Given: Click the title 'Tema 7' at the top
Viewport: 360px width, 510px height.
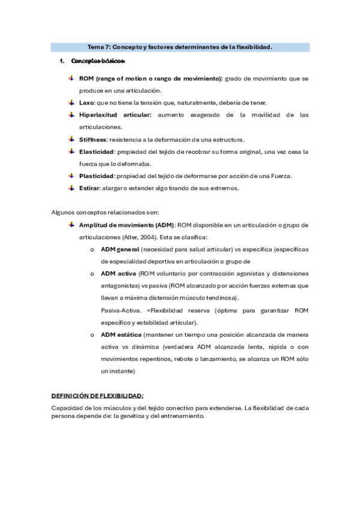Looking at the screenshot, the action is (x=100, y=47).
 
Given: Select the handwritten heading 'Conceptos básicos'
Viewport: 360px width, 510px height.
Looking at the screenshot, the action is (x=97, y=61).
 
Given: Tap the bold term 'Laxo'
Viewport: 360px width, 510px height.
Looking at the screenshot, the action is (x=87, y=103).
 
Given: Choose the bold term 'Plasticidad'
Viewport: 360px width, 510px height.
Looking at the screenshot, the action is (x=96, y=176).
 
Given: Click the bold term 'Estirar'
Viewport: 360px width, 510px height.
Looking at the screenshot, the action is (x=89, y=188).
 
